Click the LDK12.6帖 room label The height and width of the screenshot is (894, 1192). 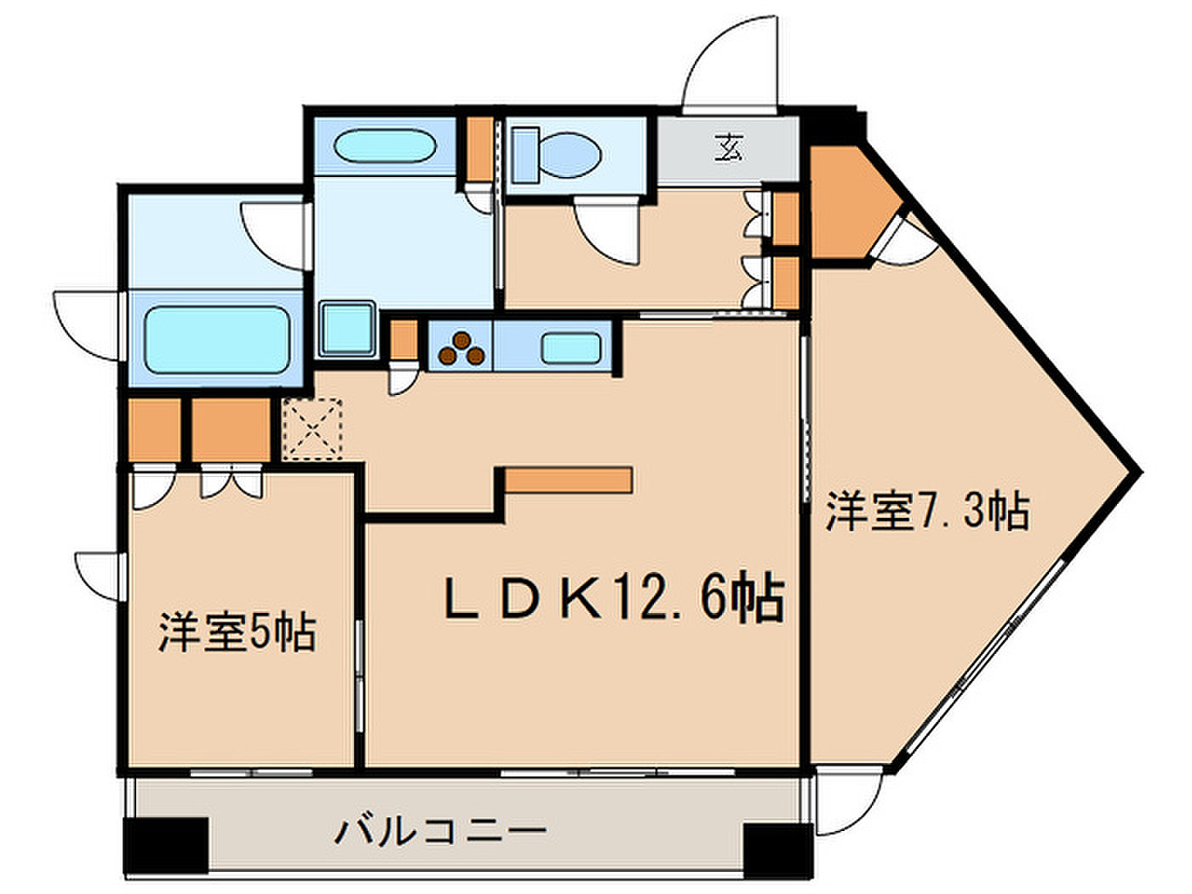click(614, 599)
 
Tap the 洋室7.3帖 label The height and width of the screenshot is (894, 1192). click(927, 511)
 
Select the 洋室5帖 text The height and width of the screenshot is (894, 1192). click(238, 633)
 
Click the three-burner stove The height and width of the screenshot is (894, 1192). click(461, 348)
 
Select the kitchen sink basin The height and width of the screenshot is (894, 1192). click(570, 349)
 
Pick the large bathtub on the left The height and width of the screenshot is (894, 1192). click(217, 341)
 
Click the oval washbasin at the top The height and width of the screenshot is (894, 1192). click(386, 146)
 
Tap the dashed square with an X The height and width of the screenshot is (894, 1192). click(312, 429)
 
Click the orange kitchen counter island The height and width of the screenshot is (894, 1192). click(569, 480)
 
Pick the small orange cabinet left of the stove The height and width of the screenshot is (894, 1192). click(404, 341)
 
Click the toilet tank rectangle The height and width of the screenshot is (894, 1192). click(525, 155)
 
